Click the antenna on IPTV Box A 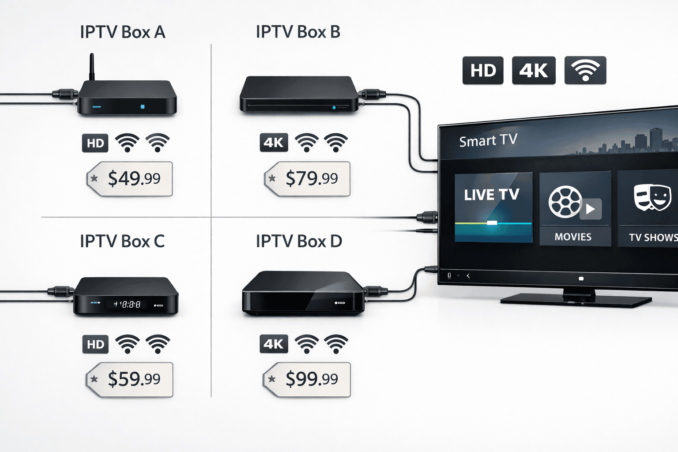click(x=92, y=67)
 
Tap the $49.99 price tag click(x=130, y=179)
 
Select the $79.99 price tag click(x=308, y=179)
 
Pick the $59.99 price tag click(x=130, y=379)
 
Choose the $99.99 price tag click(x=307, y=379)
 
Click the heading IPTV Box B click(x=298, y=32)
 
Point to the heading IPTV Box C click(x=122, y=241)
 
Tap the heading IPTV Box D click(x=299, y=241)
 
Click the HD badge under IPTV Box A click(x=95, y=143)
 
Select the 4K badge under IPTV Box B click(x=274, y=143)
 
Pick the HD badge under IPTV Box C click(x=95, y=344)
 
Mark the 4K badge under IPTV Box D click(x=274, y=344)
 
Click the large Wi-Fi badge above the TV click(x=585, y=70)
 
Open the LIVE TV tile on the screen click(x=493, y=207)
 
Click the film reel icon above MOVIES click(x=565, y=202)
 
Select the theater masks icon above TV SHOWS click(x=652, y=198)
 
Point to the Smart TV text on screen click(x=488, y=141)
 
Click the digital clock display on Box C click(x=127, y=304)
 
